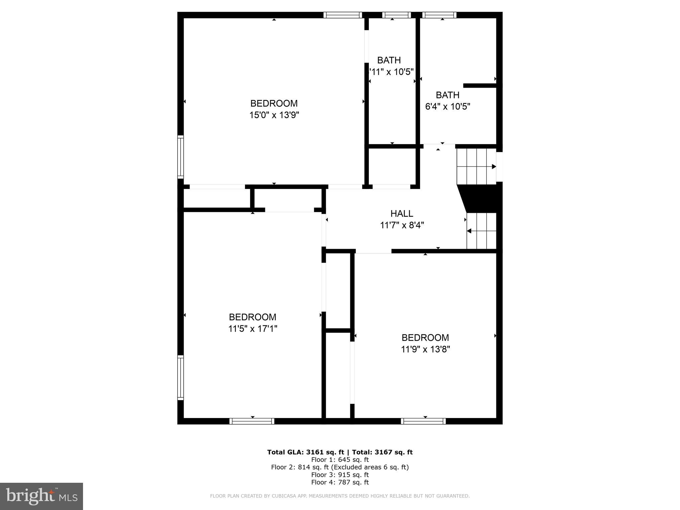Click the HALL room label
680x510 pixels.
pos(402,213)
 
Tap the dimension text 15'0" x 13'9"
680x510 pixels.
pos(274,115)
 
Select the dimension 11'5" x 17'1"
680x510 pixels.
pos(253,329)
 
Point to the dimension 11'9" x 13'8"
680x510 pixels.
pos(425,349)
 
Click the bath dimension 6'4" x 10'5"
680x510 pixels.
pos(448,107)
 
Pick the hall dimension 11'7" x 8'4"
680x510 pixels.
pos(402,225)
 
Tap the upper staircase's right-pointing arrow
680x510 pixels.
pos(494,167)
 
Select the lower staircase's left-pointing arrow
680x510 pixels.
pos(469,231)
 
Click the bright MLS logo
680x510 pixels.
pos(42,496)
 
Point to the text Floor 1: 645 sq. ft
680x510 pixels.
pos(340,460)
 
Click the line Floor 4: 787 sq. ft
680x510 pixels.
pos(340,482)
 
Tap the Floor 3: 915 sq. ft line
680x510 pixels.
pos(340,475)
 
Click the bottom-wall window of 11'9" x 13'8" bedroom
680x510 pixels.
pos(423,421)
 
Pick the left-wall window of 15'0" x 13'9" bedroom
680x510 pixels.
pos(180,157)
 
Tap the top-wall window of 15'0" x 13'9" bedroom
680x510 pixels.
pos(343,15)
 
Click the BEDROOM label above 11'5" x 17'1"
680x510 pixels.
pos(253,317)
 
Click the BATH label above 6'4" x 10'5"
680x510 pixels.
pos(448,95)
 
